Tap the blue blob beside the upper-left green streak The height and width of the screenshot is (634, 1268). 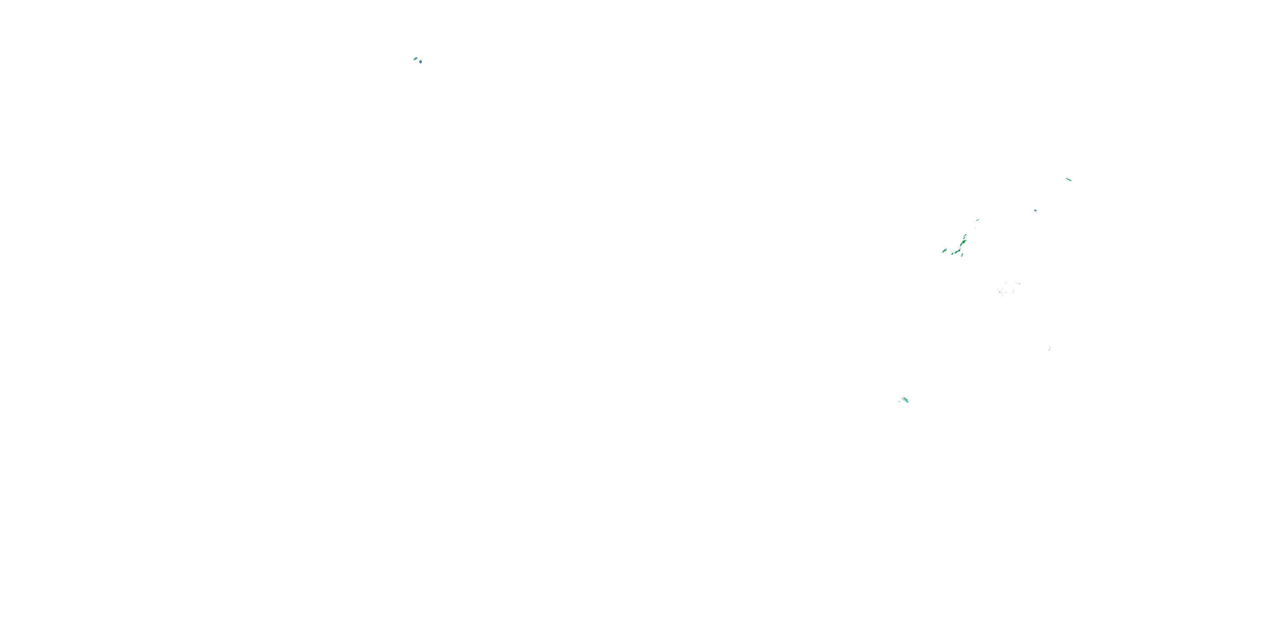coord(421,63)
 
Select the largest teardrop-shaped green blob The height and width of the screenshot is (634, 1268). coord(964,242)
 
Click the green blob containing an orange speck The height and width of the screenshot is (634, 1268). coord(944,251)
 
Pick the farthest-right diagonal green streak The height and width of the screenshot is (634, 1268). coord(1069,179)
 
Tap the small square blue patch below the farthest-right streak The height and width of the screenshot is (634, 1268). coord(1035,210)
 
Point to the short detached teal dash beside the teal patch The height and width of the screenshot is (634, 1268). coord(899,402)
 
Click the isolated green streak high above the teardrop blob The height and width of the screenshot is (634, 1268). coord(978,221)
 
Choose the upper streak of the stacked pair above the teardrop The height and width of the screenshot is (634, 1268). coord(965,235)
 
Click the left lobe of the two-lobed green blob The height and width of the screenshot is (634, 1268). coord(956,252)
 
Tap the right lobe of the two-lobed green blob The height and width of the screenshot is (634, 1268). coord(959,251)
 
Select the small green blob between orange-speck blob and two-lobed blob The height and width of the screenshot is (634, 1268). coord(952,254)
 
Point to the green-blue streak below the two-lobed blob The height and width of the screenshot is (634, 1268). coord(962,255)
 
